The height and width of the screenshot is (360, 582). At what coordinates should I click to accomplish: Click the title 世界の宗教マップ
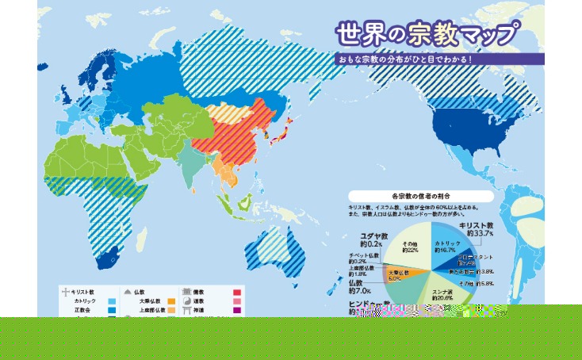coord(427,35)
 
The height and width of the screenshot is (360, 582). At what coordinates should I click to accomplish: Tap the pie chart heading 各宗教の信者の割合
coord(420,196)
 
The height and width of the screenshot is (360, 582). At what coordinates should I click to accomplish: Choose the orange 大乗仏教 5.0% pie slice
coord(396,276)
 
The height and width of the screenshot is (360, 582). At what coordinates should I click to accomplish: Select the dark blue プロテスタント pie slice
coord(473,261)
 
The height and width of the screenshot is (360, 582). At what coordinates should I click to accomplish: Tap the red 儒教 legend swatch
coord(236,293)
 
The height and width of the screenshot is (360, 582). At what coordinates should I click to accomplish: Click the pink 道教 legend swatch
coord(236,302)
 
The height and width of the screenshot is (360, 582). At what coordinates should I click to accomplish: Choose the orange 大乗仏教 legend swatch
coord(171,301)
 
